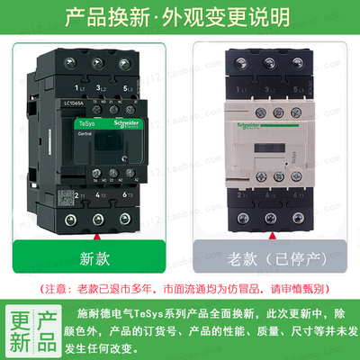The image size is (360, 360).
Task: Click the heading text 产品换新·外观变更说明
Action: tap(180, 15)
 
